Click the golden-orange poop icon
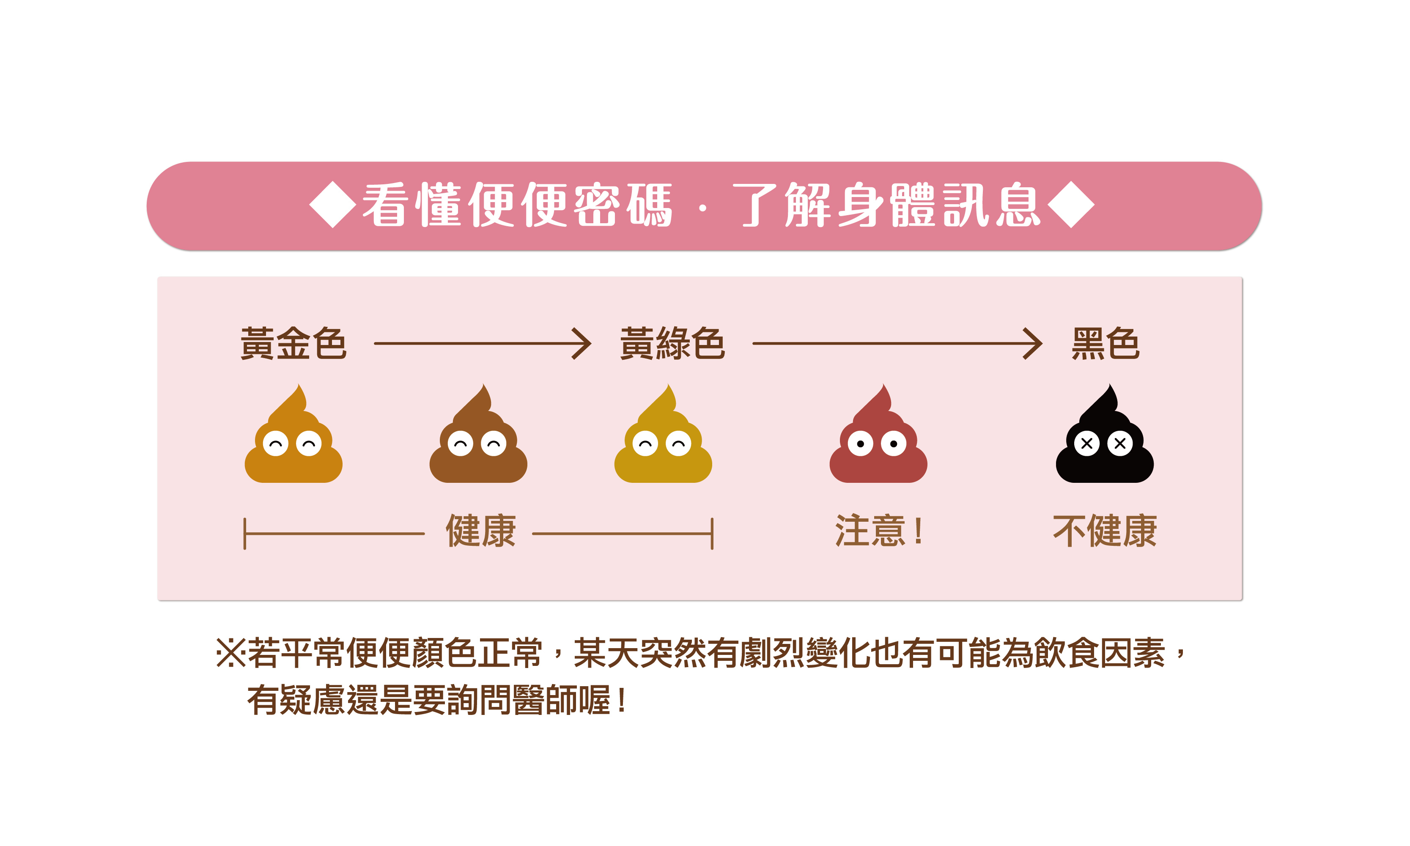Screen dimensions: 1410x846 (x=293, y=442)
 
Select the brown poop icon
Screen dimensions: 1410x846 (x=478, y=442)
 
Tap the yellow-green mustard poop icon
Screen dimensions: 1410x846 (x=663, y=442)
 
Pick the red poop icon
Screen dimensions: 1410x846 (x=878, y=442)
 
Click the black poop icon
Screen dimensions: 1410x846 (x=1104, y=442)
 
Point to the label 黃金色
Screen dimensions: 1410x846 (x=293, y=344)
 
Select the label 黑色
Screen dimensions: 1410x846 (x=1105, y=344)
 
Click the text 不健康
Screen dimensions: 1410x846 (x=1104, y=531)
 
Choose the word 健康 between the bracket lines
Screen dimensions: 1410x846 (x=480, y=531)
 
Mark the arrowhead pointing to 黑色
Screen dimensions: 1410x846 (x=1033, y=344)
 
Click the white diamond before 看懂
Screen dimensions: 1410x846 (x=332, y=205)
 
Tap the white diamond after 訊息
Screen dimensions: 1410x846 (x=1071, y=205)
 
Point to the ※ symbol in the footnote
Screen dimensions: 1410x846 (x=229, y=653)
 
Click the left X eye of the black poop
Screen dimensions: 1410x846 (x=1087, y=444)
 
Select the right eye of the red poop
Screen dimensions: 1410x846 (x=894, y=444)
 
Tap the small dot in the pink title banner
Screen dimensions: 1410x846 (x=702, y=209)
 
